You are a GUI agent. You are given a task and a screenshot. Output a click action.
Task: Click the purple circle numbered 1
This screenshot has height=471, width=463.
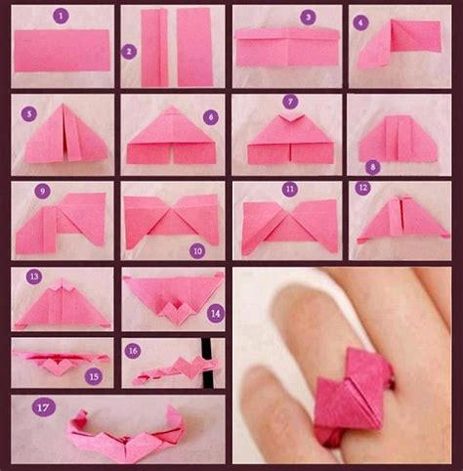(x=62, y=16)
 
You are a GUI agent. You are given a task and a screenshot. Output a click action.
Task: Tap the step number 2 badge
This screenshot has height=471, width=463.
(x=129, y=52)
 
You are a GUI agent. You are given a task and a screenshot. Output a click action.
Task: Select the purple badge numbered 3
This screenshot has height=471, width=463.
(x=308, y=17)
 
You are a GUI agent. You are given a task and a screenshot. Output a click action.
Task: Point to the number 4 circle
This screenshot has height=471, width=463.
(x=360, y=22)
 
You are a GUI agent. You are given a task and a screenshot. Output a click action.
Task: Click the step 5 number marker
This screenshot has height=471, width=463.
(x=29, y=113)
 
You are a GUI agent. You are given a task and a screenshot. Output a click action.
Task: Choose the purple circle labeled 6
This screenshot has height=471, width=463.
(x=211, y=117)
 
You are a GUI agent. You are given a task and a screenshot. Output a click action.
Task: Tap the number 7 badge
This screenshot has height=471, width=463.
(x=290, y=102)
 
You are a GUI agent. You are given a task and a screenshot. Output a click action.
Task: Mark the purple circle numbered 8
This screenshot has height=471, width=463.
(x=373, y=167)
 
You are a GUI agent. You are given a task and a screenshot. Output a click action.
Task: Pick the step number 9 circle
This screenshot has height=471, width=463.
(x=43, y=191)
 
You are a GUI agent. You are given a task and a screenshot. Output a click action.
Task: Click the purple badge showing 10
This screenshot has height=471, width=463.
(x=197, y=251)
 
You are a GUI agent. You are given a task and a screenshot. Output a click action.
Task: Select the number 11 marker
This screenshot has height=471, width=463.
(x=290, y=190)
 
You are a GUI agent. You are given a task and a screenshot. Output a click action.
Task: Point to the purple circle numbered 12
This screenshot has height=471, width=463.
(x=363, y=188)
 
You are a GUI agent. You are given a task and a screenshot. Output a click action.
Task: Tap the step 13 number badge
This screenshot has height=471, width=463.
(x=34, y=277)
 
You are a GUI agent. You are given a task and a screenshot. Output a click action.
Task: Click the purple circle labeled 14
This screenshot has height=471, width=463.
(x=216, y=314)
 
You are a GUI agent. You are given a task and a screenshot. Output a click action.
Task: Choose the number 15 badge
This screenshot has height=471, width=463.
(x=94, y=376)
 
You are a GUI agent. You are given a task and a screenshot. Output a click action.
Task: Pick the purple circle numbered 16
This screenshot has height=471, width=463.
(x=133, y=351)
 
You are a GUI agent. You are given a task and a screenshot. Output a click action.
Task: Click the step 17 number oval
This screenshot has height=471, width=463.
(x=44, y=407)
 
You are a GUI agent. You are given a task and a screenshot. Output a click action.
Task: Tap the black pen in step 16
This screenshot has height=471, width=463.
(x=206, y=363)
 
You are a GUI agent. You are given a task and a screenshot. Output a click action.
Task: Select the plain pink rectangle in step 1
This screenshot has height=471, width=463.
(x=62, y=51)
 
